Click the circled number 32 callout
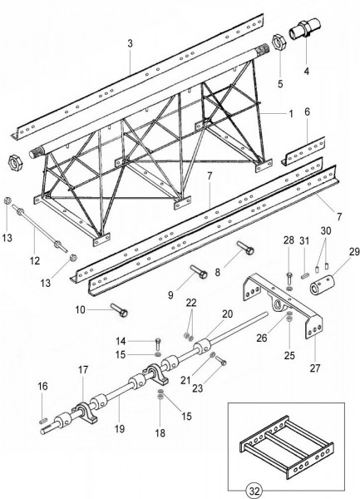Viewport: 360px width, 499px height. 254,491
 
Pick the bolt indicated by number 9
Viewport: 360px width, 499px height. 199,272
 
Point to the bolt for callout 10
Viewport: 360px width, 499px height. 119,310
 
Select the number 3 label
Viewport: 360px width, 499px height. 130,44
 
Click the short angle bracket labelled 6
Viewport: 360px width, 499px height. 303,151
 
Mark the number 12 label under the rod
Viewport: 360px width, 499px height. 35,261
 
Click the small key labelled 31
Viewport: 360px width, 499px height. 305,276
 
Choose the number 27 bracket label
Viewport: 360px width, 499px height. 315,368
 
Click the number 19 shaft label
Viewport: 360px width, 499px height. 120,428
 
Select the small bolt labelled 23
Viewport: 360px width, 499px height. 220,360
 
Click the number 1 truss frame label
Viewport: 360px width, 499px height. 291,114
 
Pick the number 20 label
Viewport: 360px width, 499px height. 227,314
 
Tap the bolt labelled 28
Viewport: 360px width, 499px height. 289,278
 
